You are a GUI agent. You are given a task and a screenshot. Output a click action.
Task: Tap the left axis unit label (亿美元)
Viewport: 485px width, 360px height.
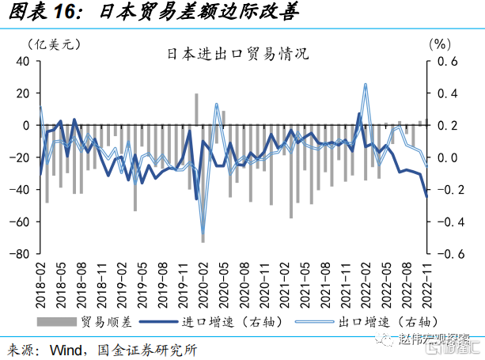[x=54, y=44]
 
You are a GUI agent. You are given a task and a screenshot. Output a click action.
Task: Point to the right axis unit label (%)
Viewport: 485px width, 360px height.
[x=438, y=44]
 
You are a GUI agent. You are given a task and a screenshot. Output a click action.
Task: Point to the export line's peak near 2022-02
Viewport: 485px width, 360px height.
[x=366, y=84]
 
